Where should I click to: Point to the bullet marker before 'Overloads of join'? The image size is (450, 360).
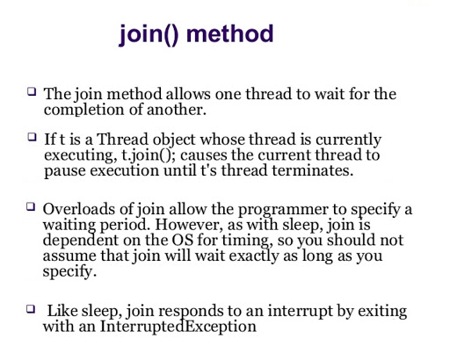coord(33,206)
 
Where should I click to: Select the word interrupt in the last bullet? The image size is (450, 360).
coord(283,312)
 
